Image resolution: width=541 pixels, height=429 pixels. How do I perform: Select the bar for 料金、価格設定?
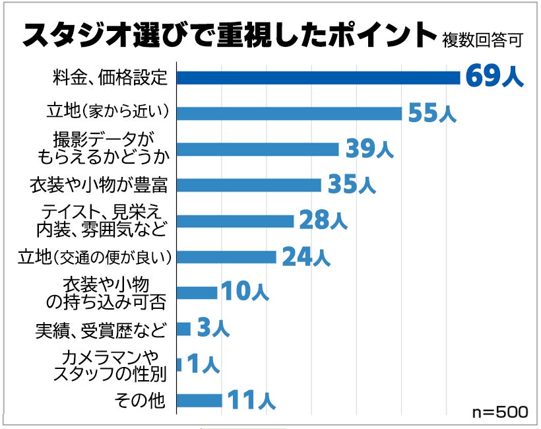pyautogui.click(x=318, y=78)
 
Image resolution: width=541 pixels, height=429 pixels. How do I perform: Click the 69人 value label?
pyautogui.click(x=494, y=77)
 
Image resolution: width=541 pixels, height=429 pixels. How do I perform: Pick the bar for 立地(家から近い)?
pyautogui.click(x=289, y=114)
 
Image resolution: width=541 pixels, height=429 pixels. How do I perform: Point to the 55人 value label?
pyautogui.click(x=432, y=113)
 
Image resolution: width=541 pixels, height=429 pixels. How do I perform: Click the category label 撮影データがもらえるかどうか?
pyautogui.click(x=106, y=149)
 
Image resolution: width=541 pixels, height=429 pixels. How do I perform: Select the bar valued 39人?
pyautogui.click(x=257, y=150)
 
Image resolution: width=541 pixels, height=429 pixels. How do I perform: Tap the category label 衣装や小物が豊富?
pyautogui.click(x=99, y=185)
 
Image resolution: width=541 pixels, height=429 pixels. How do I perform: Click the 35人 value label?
pyautogui.click(x=351, y=185)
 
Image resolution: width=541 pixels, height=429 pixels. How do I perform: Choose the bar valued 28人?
pyautogui.click(x=235, y=221)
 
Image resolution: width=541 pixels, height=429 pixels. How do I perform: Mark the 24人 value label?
pyautogui.click(x=305, y=257)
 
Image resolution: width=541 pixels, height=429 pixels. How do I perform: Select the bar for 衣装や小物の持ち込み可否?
pyautogui.click(x=197, y=293)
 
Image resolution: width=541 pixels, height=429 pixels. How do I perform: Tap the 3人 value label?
pyautogui.click(x=212, y=328)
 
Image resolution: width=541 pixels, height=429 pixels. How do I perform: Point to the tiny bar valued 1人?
pyautogui.click(x=179, y=364)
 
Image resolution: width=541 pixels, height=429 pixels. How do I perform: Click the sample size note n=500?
pyautogui.click(x=500, y=412)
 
